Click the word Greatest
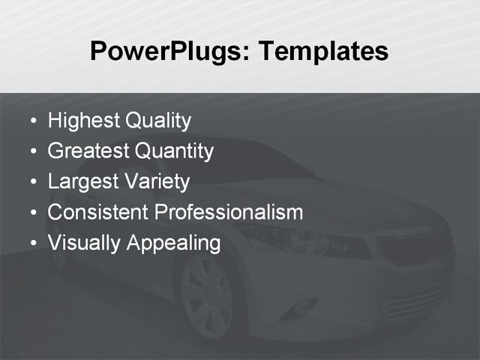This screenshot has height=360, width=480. (x=88, y=151)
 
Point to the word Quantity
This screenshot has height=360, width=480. (x=174, y=151)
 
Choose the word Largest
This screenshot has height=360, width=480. (x=81, y=182)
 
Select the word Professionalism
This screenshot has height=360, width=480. (x=228, y=212)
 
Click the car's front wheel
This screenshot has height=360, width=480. (x=207, y=296)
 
